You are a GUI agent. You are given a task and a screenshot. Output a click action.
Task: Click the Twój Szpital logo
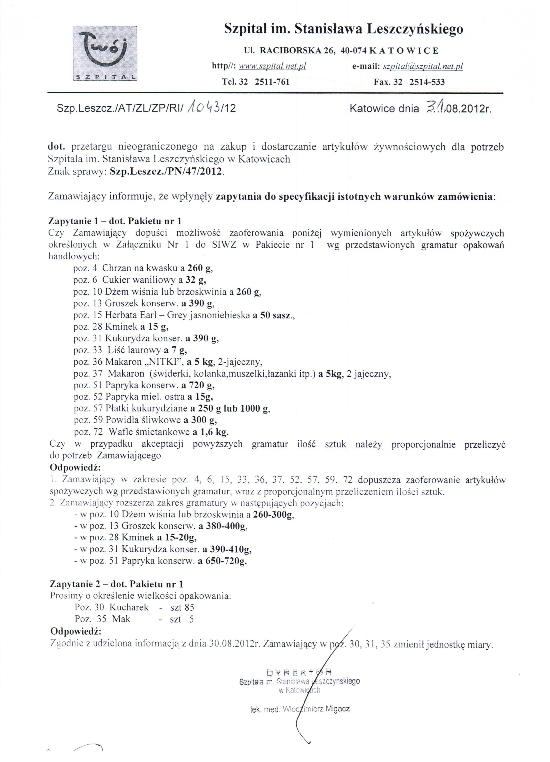(x=105, y=53)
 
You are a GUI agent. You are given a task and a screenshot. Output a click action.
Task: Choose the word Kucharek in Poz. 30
(x=129, y=607)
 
